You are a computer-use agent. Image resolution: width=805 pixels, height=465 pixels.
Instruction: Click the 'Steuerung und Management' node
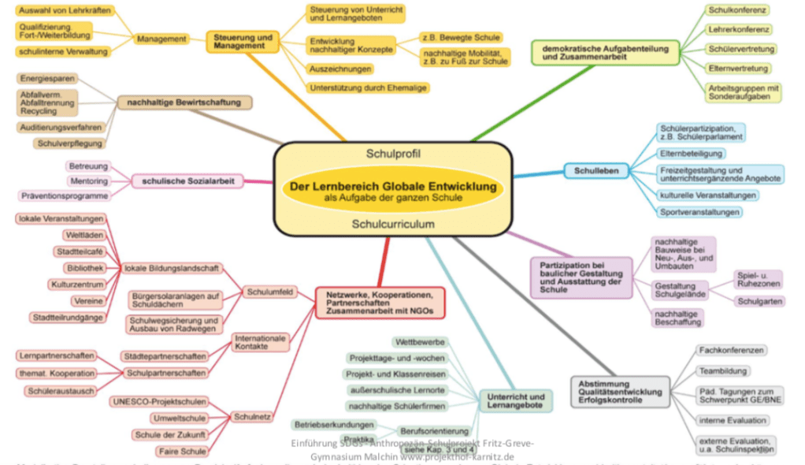(x=243, y=42)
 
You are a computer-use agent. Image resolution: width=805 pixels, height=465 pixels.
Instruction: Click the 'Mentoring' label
(x=89, y=180)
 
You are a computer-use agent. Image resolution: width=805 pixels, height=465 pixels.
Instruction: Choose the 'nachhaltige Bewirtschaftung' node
(x=185, y=102)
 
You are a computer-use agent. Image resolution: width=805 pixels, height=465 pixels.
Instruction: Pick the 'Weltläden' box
(x=83, y=235)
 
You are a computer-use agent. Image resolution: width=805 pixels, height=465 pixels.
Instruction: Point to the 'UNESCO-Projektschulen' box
(x=149, y=400)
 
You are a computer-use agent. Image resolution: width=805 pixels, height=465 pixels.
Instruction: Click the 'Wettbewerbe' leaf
(x=421, y=342)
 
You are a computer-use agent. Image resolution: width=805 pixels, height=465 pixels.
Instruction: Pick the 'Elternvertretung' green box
(x=727, y=69)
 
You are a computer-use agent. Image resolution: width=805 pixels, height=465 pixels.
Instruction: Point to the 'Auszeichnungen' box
(x=340, y=69)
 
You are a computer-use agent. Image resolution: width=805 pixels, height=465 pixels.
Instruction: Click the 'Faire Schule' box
(x=182, y=451)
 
